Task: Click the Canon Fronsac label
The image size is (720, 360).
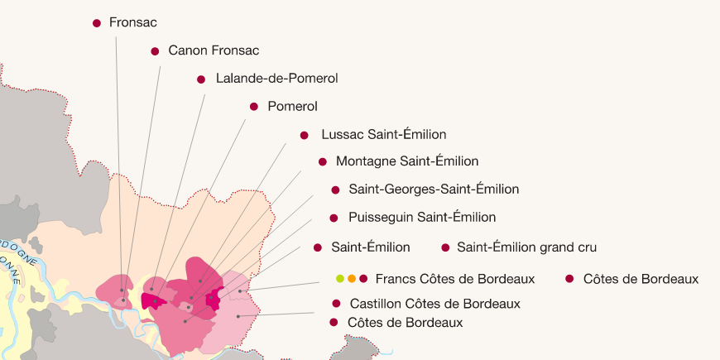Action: coord(214,51)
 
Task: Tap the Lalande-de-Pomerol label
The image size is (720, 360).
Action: coord(276,79)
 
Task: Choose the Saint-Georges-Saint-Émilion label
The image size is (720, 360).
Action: coord(434,190)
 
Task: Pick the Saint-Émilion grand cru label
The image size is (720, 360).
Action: coord(526,247)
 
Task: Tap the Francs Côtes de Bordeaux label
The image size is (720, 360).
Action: coord(454,279)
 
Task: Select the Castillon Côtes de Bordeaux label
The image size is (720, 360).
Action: coord(434,304)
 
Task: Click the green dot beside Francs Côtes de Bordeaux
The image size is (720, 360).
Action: coord(340,279)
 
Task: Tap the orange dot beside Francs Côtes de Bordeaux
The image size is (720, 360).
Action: coord(352,279)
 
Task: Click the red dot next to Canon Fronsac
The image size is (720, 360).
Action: coord(155,51)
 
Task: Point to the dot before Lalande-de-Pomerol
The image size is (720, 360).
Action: coord(200,79)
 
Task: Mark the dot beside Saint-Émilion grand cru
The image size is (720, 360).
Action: coord(445,247)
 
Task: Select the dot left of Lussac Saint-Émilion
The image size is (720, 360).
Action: coord(304,135)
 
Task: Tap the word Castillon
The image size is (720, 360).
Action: coord(377,304)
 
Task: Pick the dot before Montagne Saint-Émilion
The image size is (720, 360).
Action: coord(322,162)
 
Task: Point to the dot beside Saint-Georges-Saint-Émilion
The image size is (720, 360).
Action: coord(335,190)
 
